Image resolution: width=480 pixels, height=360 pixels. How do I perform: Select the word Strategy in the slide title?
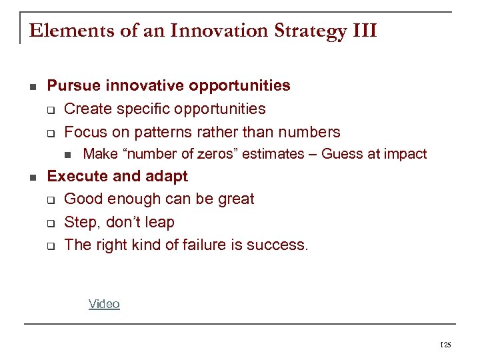tap(301, 31)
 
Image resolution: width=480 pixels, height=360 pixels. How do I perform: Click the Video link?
tap(104, 304)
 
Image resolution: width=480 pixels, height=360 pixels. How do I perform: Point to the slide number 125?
tap(446, 345)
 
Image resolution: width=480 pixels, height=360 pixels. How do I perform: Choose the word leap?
tap(159, 222)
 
